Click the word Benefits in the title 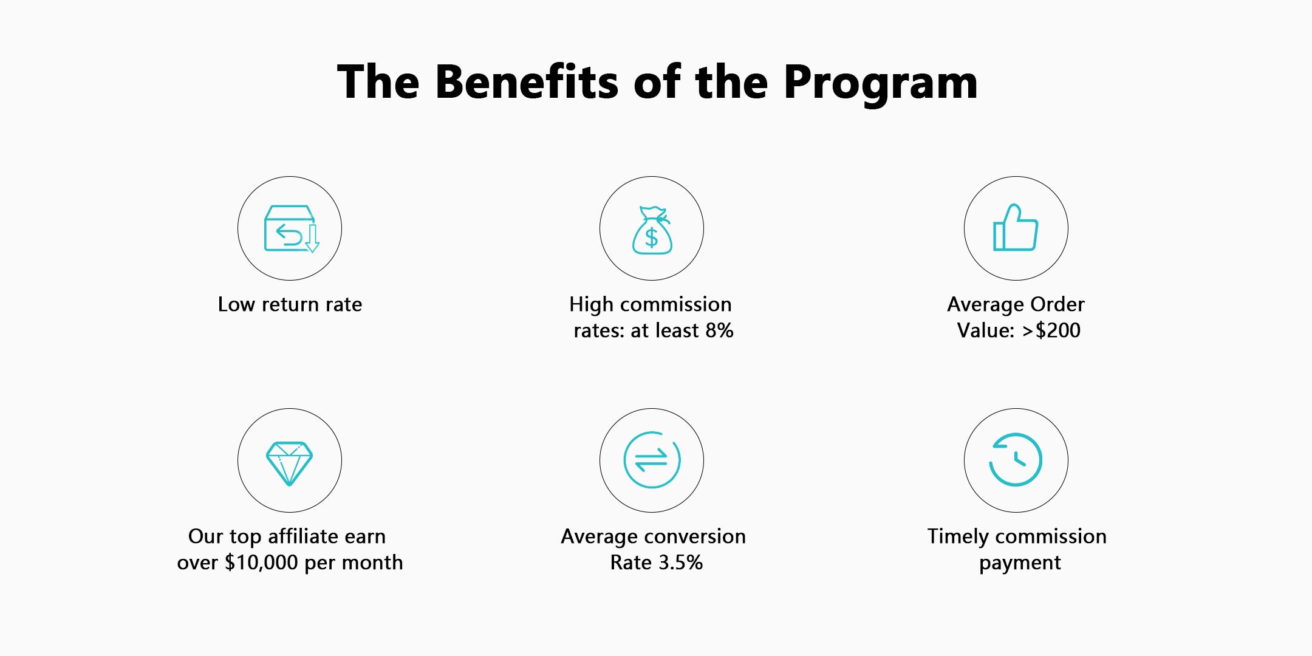coord(527,81)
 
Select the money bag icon coord(652,230)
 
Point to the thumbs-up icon coord(1016,227)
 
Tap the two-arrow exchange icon coord(652,460)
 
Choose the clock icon coord(1016,459)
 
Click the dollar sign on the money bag coord(652,237)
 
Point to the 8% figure coord(719,330)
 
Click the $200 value coord(1057,330)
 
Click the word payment coord(1020,564)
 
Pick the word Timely coord(958,537)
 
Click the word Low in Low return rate coord(236,304)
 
